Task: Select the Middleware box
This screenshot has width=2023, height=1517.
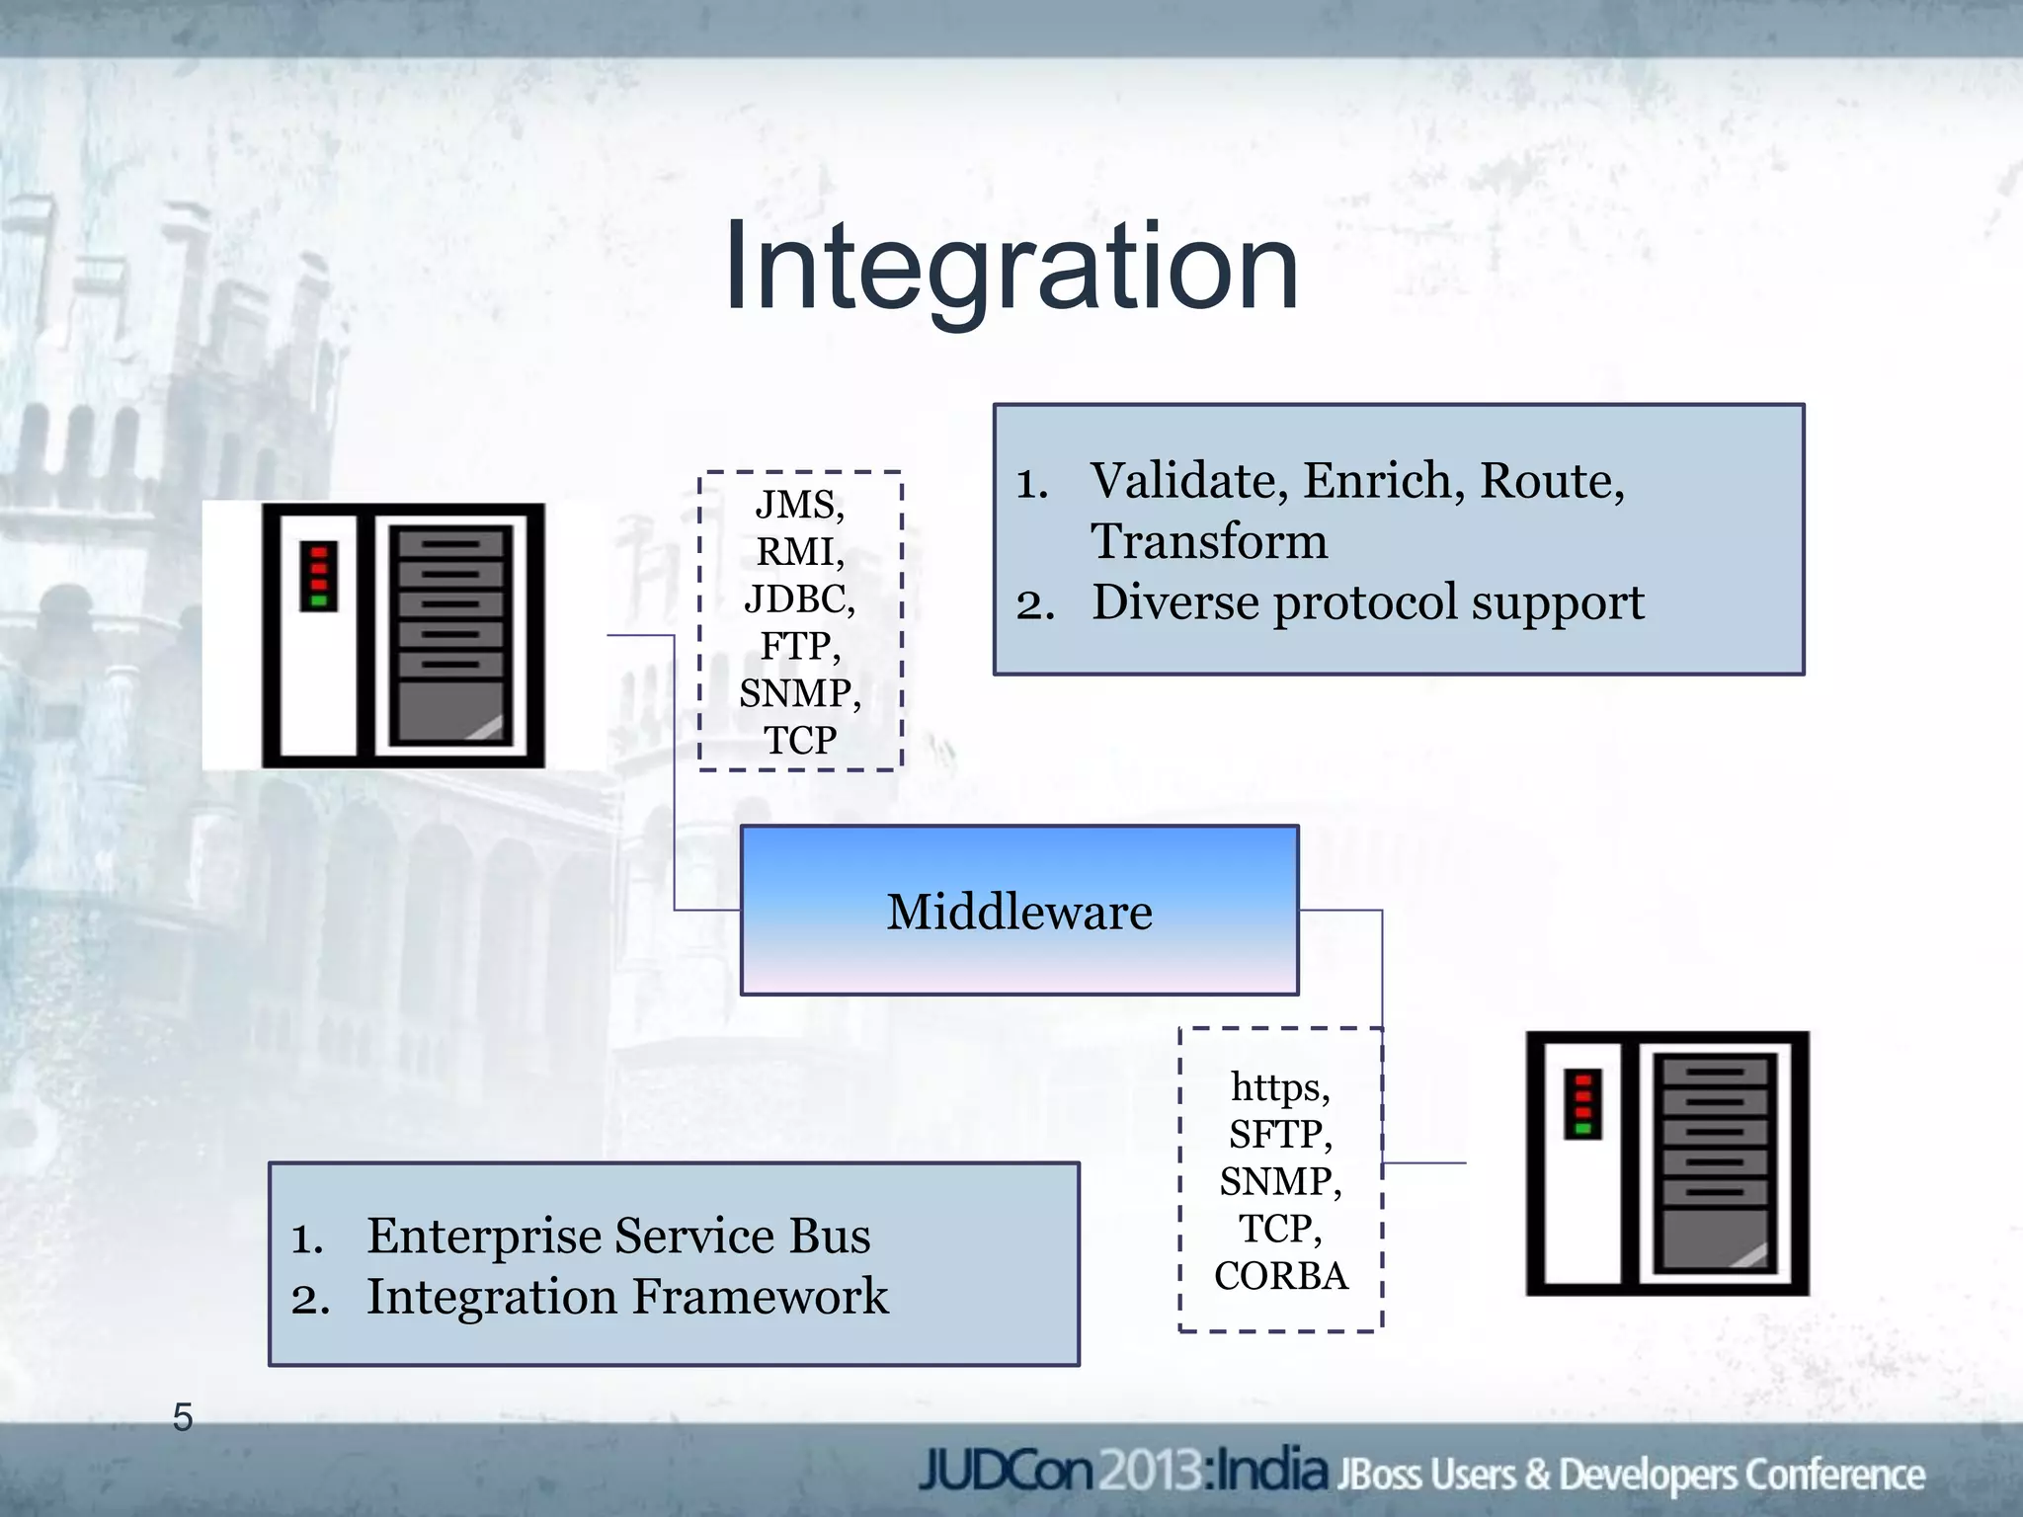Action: (x=1018, y=911)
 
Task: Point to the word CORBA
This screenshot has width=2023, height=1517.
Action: (x=1280, y=1276)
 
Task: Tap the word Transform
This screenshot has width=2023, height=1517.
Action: (x=1208, y=541)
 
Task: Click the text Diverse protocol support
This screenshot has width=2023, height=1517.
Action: (x=1367, y=602)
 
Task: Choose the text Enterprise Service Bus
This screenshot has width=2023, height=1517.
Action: (x=618, y=1236)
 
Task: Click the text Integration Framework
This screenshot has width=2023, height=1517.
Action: (x=627, y=1297)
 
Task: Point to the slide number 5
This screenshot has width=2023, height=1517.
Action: (x=183, y=1417)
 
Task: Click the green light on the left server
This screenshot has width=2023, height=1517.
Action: (x=319, y=599)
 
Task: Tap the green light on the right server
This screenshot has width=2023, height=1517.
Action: (x=1583, y=1128)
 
